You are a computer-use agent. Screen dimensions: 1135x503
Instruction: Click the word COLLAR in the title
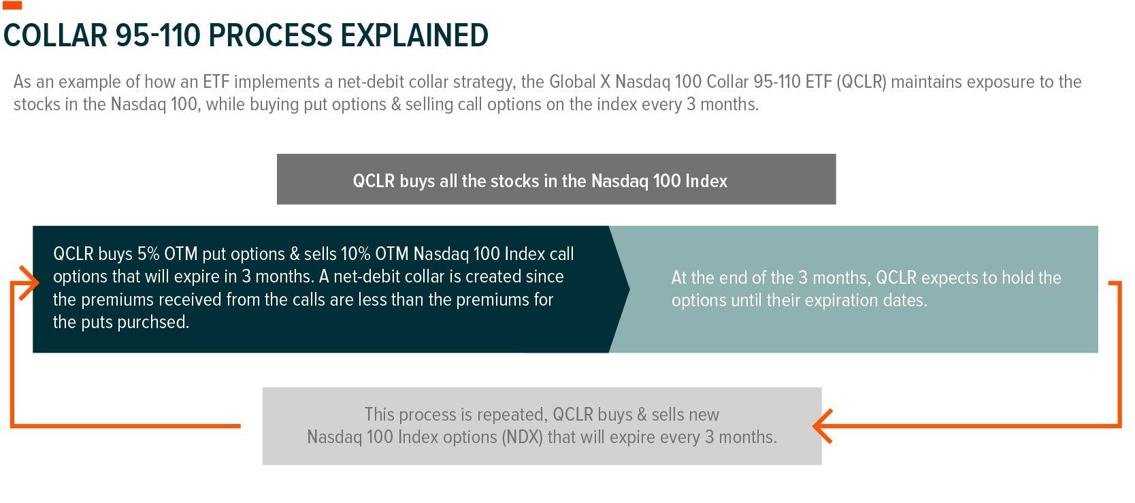coord(55,35)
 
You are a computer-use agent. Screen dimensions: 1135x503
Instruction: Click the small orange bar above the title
coord(12,5)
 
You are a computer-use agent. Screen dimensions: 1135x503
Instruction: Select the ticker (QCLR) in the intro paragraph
coord(861,82)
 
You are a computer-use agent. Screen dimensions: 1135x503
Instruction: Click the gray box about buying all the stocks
coord(557,179)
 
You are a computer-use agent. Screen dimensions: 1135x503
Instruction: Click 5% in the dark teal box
coord(148,253)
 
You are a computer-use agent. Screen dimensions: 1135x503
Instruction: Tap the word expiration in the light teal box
coord(842,301)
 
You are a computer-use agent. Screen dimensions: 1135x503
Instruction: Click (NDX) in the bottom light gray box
coord(523,437)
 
